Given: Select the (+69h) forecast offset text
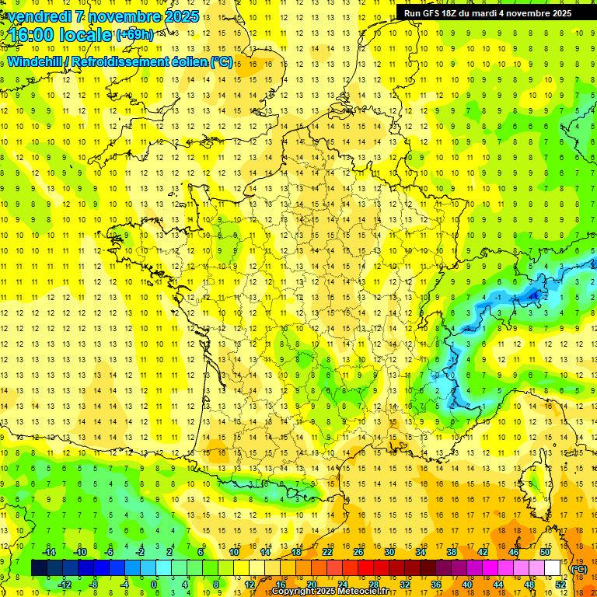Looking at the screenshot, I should point(134,35).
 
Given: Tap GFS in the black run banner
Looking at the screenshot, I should point(435,13).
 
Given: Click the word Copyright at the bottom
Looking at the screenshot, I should point(296,592).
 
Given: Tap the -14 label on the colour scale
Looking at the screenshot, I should point(49,552).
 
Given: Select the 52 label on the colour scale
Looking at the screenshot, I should point(560,584).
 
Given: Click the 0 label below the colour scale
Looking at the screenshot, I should point(154,584).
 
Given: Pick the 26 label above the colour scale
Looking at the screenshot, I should point(358,552).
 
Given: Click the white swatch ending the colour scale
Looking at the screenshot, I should point(553,568).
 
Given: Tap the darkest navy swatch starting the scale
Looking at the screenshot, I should point(39,568).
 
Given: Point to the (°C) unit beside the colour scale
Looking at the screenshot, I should point(579,569).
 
